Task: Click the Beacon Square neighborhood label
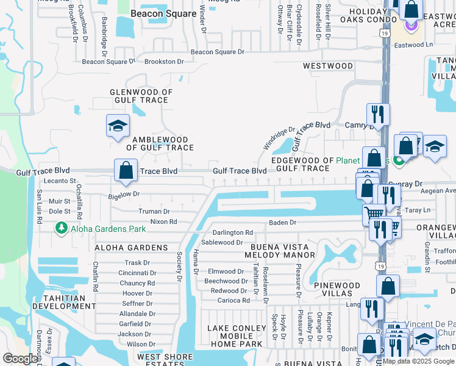point(163,13)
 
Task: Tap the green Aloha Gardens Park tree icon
point(61,228)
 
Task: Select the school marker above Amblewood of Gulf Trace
point(118,126)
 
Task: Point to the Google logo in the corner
point(20,359)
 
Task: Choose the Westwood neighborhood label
point(327,66)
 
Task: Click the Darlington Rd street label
point(232,232)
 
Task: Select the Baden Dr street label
point(282,223)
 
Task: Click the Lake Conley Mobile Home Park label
point(237,336)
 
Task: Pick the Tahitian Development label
point(64,302)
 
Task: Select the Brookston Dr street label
point(164,62)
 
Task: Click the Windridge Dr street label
point(279,138)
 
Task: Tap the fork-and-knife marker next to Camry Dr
point(378,113)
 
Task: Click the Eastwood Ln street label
point(413,45)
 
